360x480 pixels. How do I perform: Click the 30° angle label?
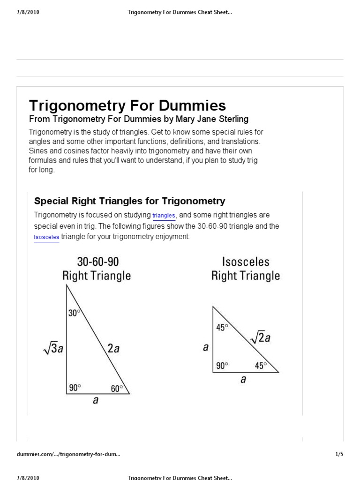(x=74, y=313)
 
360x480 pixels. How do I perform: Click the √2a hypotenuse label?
(x=260, y=337)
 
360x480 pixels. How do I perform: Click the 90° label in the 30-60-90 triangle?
(x=75, y=388)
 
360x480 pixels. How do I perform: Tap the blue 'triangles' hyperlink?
(x=164, y=216)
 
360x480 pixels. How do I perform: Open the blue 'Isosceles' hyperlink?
(x=46, y=238)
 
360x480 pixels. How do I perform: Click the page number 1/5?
(x=339, y=454)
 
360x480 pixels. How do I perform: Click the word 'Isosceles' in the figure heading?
(x=246, y=261)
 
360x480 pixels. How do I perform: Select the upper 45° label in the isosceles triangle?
(x=222, y=327)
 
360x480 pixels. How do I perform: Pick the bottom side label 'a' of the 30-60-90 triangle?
(x=96, y=401)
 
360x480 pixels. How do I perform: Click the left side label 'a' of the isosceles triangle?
(x=205, y=347)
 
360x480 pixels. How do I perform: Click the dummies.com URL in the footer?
(x=68, y=454)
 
